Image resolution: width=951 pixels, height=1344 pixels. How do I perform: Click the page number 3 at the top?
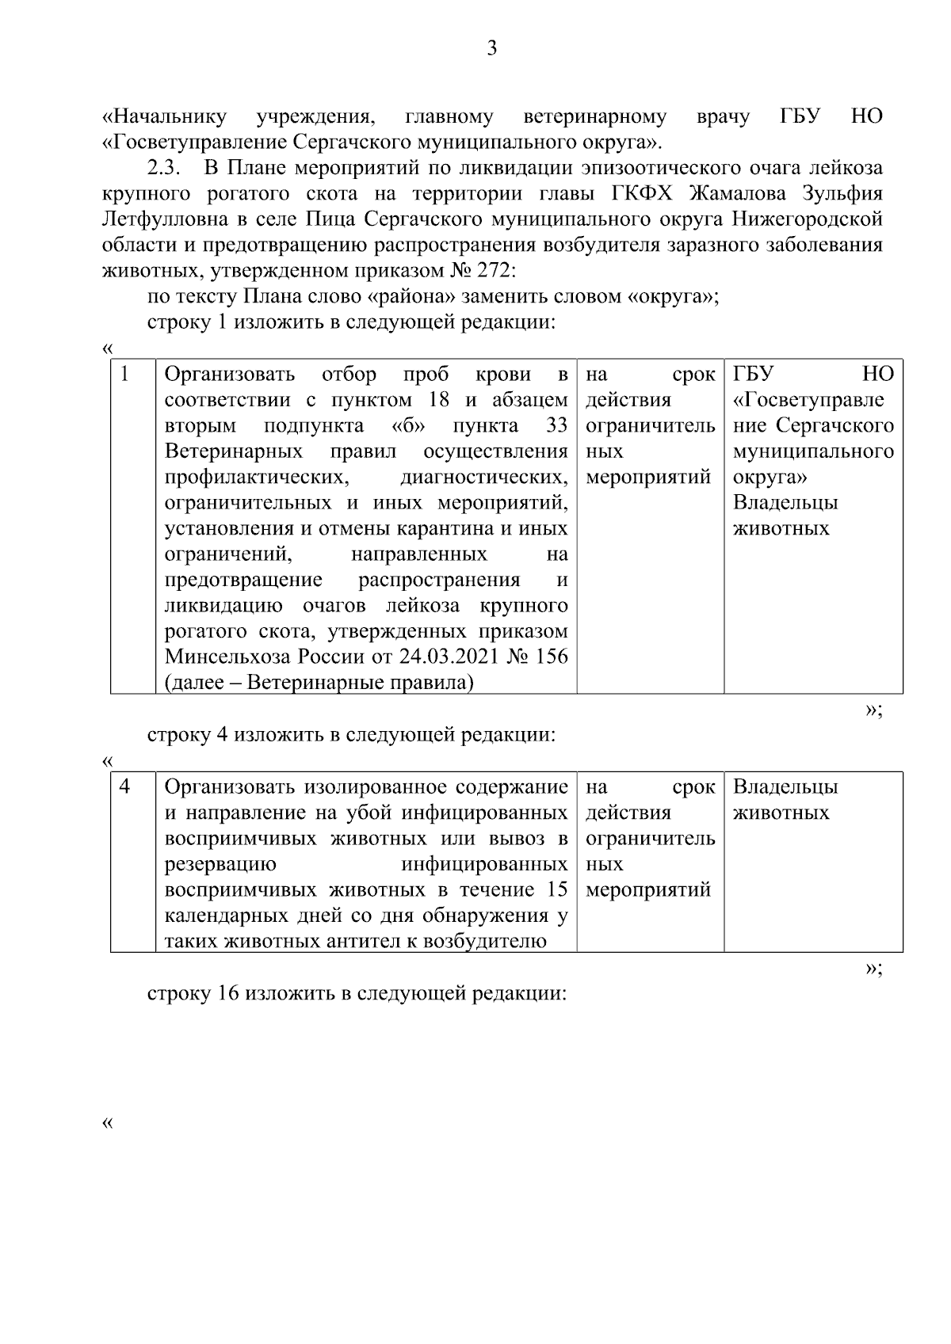point(491,48)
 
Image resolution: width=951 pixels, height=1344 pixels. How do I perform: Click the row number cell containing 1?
point(125,374)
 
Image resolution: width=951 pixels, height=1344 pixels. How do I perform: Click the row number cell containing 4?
point(125,786)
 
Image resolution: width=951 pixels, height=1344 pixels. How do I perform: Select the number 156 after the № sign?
point(551,657)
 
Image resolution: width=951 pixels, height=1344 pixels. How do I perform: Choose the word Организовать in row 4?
point(230,787)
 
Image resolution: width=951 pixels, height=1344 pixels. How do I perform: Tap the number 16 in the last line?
point(226,994)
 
